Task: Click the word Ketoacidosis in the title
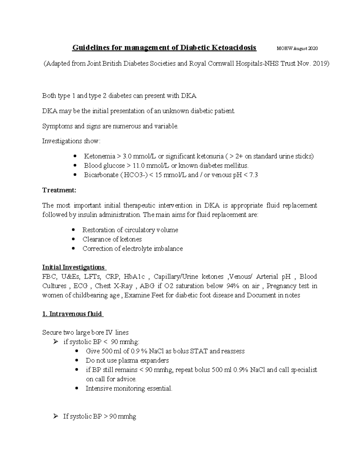tap(234, 48)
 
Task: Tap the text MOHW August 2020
tap(297, 49)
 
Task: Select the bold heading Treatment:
tap(59, 190)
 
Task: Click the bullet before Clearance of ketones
tap(74, 239)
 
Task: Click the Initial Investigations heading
tap(73, 267)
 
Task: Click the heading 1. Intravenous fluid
tap(72, 314)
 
